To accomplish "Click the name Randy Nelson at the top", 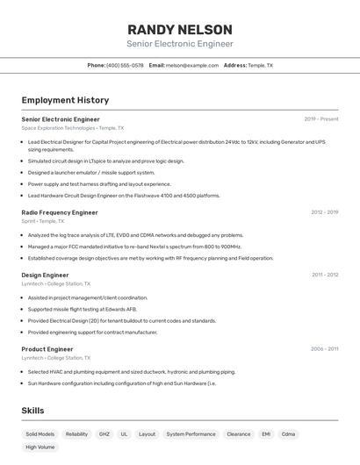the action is (x=180, y=29).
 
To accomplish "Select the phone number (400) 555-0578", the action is (x=125, y=66).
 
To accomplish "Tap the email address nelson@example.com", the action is (x=192, y=66).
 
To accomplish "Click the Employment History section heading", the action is (x=65, y=100).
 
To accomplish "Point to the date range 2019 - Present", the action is (x=321, y=119).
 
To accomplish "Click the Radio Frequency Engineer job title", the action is (x=60, y=212).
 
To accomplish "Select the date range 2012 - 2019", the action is (x=324, y=212).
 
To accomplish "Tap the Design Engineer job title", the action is (x=45, y=275).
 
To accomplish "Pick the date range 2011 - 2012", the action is (x=325, y=275).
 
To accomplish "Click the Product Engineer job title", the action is (x=47, y=349).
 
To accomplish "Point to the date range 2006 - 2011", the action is (x=324, y=349).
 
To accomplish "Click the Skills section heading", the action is (x=32, y=411).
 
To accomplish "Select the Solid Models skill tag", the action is (x=40, y=434).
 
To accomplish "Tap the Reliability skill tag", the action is (x=76, y=434).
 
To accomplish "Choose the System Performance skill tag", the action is (x=191, y=434).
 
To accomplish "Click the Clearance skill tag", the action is (x=238, y=434).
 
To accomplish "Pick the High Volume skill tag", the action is (x=40, y=447).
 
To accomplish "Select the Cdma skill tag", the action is (x=288, y=434).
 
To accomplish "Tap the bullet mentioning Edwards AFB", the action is (x=83, y=309).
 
